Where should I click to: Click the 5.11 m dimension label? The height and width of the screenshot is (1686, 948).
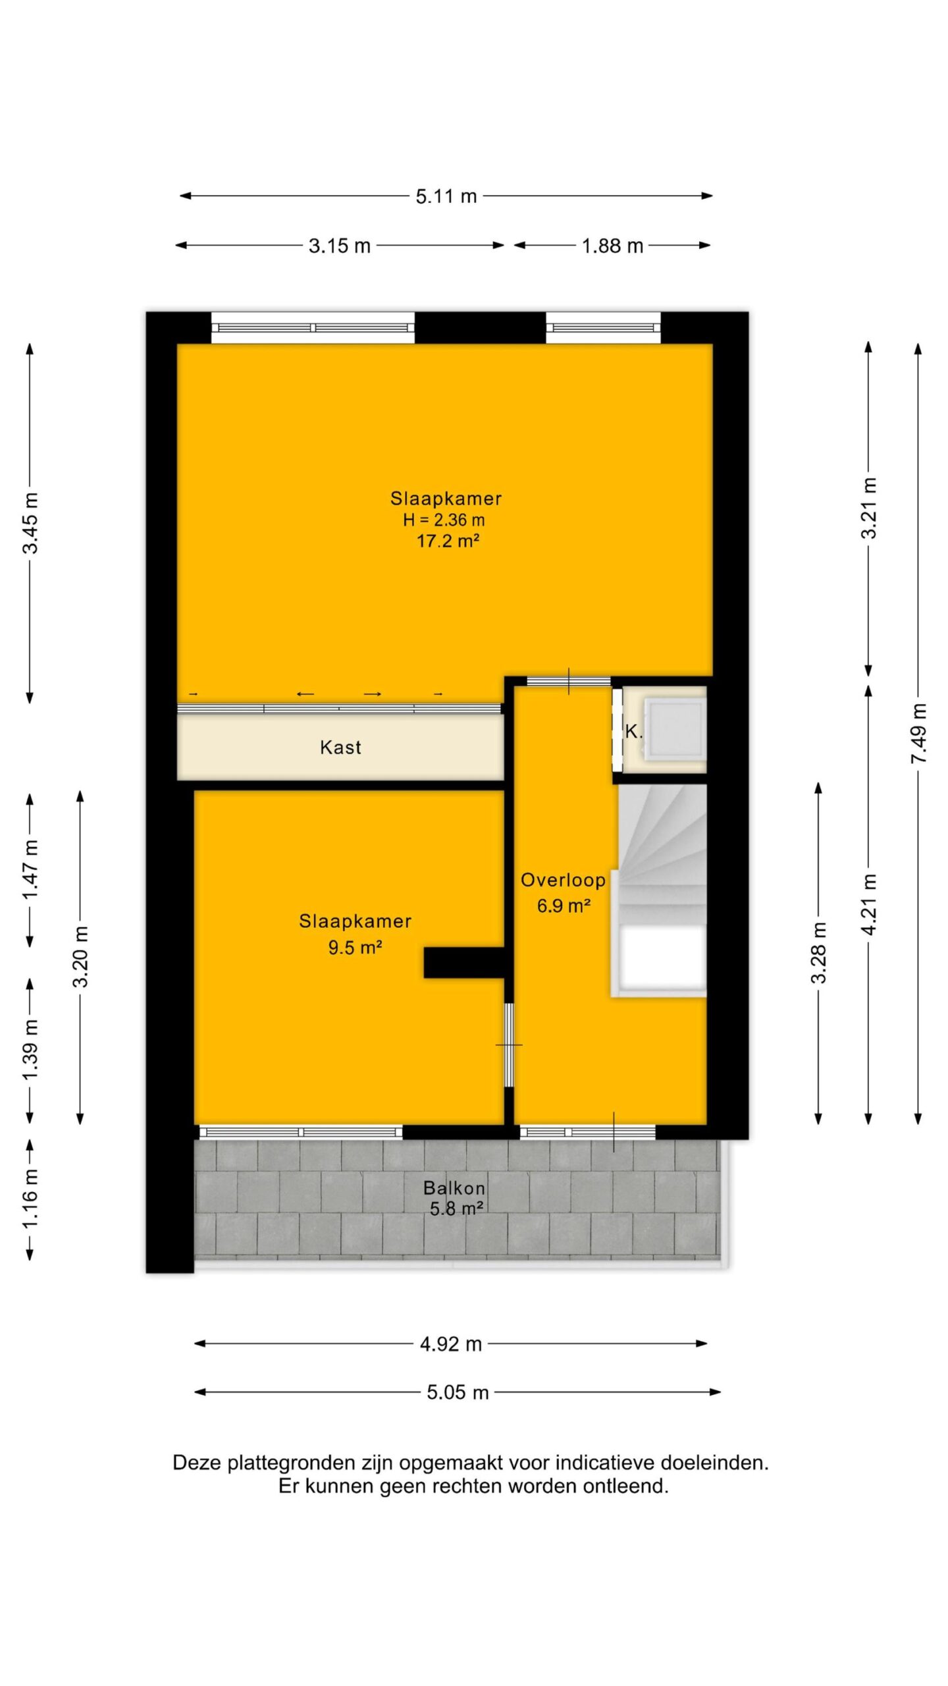click(446, 196)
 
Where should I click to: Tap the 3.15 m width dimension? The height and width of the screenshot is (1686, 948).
click(340, 246)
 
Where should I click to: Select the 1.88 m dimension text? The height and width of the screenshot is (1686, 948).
click(612, 246)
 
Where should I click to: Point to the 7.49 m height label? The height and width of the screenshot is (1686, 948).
click(918, 734)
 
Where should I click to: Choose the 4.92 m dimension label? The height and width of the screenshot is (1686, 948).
click(451, 1344)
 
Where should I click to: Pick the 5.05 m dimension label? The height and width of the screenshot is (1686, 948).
click(458, 1392)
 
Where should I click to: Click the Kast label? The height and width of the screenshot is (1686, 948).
click(340, 748)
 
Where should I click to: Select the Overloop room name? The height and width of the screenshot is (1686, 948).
click(563, 880)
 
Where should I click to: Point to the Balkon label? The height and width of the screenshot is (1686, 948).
click(454, 1188)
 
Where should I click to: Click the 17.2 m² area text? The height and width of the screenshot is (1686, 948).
click(448, 541)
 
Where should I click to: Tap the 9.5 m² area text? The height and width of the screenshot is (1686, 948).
click(355, 948)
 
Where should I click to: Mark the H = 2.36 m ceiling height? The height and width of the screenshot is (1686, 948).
click(444, 520)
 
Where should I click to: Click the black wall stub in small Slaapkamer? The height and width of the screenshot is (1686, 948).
click(463, 963)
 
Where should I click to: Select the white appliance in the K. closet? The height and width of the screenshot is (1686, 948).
click(675, 730)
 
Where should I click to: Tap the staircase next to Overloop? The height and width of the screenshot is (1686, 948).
click(659, 890)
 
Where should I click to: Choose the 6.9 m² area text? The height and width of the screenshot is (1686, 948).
click(564, 906)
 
